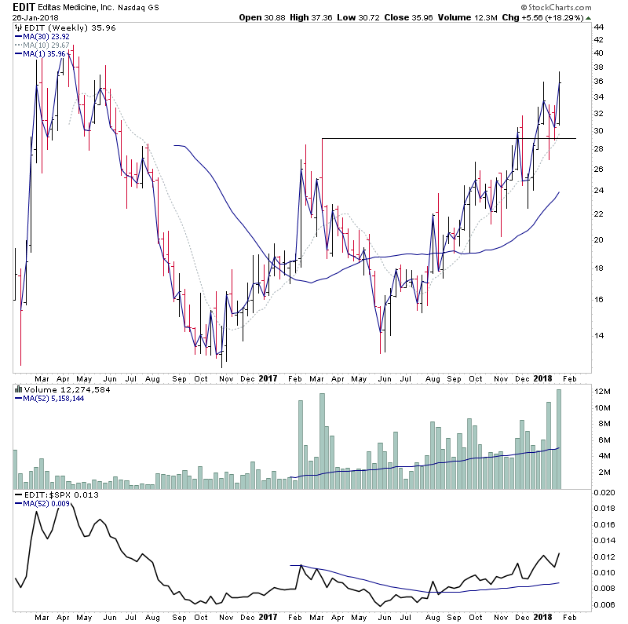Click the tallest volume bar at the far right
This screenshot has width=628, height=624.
[x=560, y=440]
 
